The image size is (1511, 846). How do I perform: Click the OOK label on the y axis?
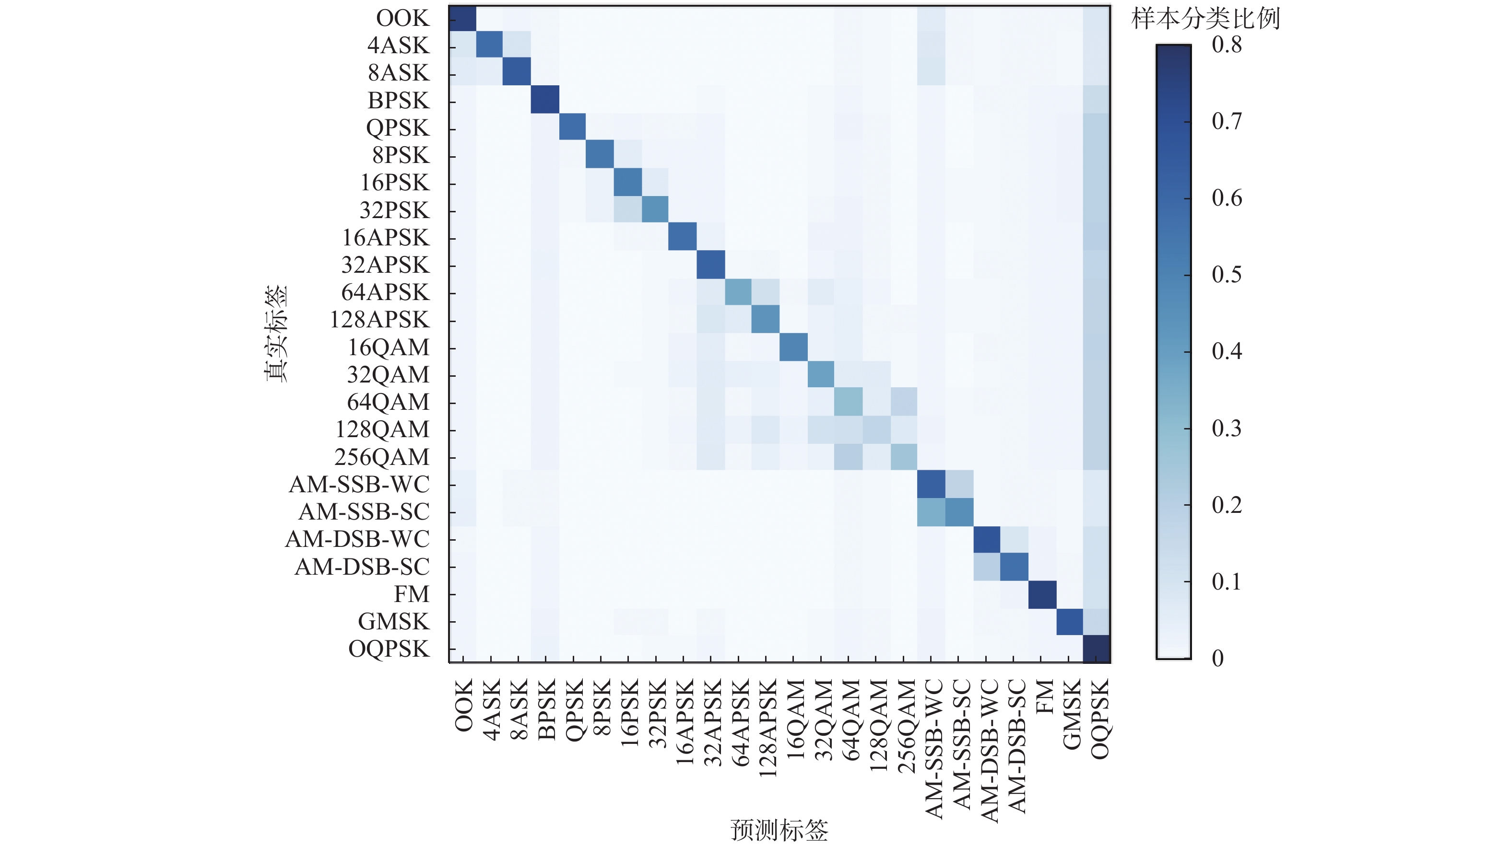402,18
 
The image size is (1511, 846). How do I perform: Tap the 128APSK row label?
379,320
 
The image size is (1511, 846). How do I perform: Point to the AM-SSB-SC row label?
364,512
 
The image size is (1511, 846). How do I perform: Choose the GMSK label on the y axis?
394,622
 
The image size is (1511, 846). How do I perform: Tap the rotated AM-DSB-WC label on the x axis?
987,751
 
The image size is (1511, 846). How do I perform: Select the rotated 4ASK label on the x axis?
491,709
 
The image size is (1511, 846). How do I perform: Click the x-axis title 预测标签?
779,830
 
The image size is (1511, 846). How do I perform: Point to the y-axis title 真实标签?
276,334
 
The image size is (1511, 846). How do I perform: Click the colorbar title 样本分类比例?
1205,19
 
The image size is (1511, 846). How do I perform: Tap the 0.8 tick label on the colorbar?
1227,45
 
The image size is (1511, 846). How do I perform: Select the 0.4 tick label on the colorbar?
1227,352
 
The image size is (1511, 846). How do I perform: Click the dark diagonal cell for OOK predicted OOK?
463,18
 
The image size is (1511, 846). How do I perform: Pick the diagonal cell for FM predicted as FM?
1042,594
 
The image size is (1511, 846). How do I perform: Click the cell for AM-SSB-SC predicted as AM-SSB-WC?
932,512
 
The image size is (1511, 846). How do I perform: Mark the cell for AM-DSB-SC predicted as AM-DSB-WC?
987,567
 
